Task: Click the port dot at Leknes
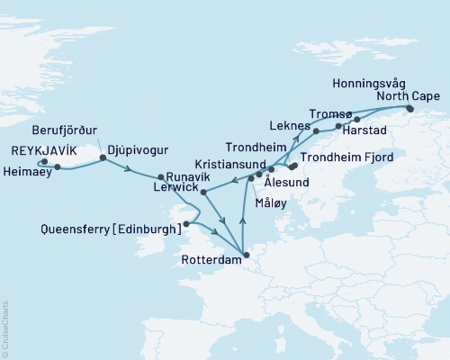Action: [317, 131]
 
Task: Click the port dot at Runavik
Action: [160, 176]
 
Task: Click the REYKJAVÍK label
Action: [49, 150]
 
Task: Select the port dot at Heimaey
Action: [57, 166]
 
